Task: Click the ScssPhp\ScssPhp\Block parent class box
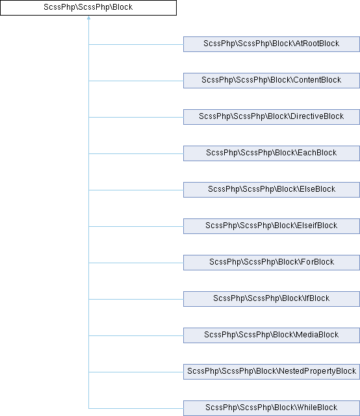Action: click(88, 8)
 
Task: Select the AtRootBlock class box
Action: click(272, 44)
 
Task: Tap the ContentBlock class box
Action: click(272, 81)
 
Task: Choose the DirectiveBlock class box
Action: click(272, 117)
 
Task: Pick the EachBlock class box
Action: click(272, 153)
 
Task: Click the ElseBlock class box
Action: click(272, 190)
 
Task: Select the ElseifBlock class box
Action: click(272, 226)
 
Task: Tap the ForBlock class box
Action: click(272, 263)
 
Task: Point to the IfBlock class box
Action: click(272, 299)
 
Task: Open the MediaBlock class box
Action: click(272, 335)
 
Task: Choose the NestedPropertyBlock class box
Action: click(272, 371)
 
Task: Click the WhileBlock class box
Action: click(272, 408)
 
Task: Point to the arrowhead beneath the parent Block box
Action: click(88, 18)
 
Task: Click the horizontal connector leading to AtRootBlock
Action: click(136, 44)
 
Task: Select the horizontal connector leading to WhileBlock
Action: click(136, 408)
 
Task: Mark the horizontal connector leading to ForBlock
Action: click(136, 263)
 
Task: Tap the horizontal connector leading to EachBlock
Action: click(136, 153)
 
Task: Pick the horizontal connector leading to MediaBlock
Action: click(136, 335)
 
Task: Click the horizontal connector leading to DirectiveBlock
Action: click(136, 117)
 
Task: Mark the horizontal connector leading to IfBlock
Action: click(136, 299)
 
